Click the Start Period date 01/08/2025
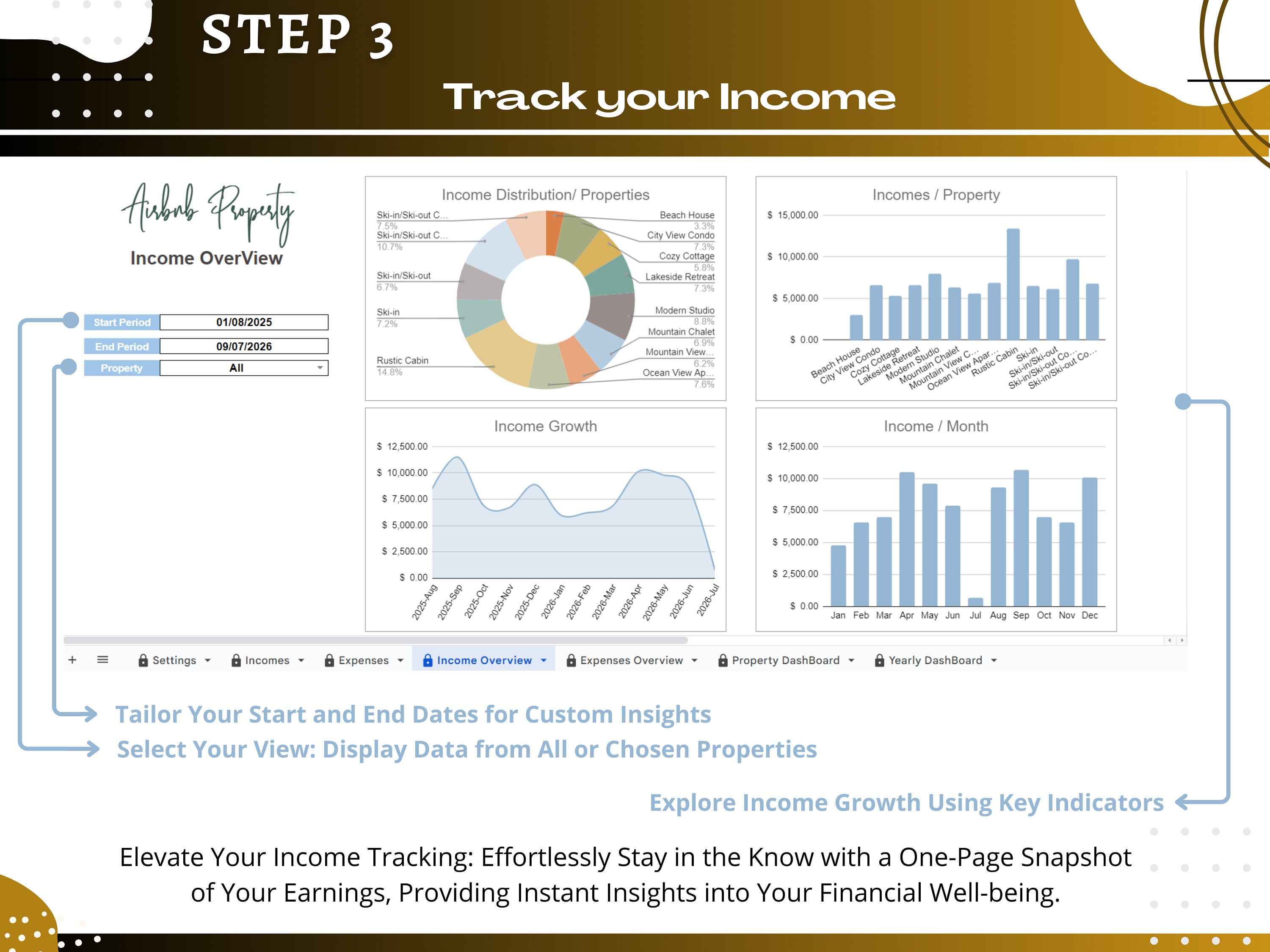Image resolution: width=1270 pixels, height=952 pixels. pyautogui.click(x=244, y=322)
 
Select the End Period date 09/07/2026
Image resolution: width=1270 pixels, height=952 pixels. pyautogui.click(x=244, y=346)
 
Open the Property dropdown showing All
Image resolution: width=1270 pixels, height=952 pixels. pyautogui.click(x=244, y=368)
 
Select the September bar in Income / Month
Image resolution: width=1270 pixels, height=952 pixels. pyautogui.click(x=1021, y=538)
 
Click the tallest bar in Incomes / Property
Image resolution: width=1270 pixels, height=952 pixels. pyautogui.click(x=1013, y=284)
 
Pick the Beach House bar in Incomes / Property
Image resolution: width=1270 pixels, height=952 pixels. pyautogui.click(x=856, y=327)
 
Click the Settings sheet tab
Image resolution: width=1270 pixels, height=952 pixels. pyautogui.click(x=174, y=660)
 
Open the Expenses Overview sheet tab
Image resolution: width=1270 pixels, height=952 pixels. pyautogui.click(x=632, y=660)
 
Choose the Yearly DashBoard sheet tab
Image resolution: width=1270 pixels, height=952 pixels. pyautogui.click(x=935, y=660)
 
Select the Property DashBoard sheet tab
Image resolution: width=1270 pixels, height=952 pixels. pyautogui.click(x=785, y=660)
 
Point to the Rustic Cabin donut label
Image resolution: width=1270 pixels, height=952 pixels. pyautogui.click(x=403, y=360)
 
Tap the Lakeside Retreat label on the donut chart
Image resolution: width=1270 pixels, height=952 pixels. pyautogui.click(x=680, y=277)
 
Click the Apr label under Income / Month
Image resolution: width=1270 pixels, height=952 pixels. pyautogui.click(x=907, y=615)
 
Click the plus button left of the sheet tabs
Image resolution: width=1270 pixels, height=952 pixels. pyautogui.click(x=72, y=660)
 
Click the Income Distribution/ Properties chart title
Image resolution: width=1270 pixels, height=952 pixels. pyautogui.click(x=545, y=195)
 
